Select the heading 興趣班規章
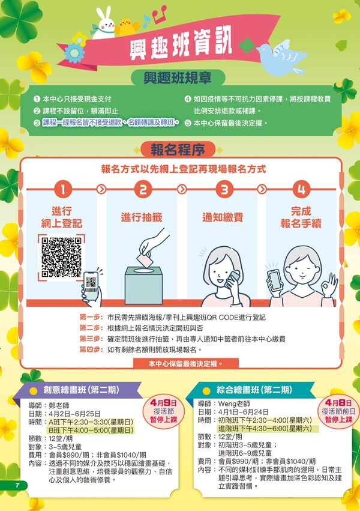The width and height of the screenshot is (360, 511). click(178, 78)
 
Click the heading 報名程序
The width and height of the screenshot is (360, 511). click(178, 150)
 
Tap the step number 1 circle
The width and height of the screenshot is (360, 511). click(63, 189)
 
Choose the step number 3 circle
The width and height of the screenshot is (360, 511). click(224, 189)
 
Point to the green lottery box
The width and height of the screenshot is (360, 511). click(143, 285)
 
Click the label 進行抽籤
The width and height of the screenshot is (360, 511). click(142, 217)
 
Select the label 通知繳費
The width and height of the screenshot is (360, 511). click(223, 217)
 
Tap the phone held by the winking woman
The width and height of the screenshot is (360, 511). click(274, 280)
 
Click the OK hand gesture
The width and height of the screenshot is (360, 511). click(329, 285)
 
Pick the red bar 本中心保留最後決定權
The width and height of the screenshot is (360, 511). click(186, 363)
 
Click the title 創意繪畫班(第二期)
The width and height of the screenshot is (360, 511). click(82, 390)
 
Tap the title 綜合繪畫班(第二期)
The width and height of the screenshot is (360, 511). click(254, 390)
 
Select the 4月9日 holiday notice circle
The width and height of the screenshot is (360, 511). click(164, 411)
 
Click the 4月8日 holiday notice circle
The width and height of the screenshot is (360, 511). click(338, 411)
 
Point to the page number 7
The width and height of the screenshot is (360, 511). click(17, 485)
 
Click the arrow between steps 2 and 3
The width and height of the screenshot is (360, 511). click(182, 189)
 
